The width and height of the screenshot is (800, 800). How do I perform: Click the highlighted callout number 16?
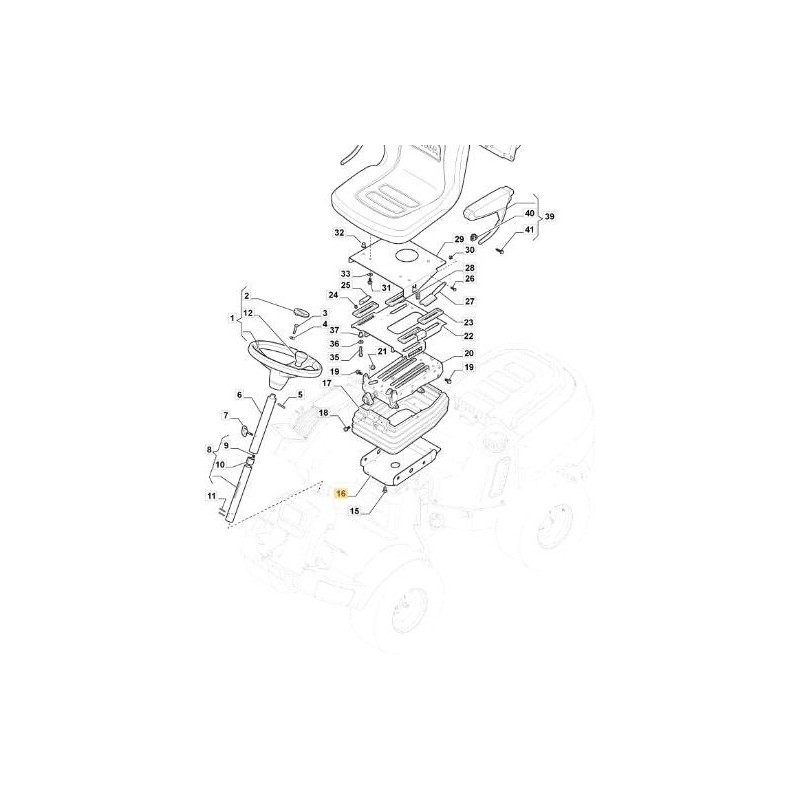pyautogui.click(x=341, y=493)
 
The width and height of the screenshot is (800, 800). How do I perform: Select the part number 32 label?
pyautogui.click(x=339, y=233)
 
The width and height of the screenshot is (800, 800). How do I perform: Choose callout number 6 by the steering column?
pyautogui.click(x=239, y=394)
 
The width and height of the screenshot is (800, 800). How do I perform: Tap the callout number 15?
pyautogui.click(x=354, y=511)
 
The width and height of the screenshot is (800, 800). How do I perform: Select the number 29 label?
pyautogui.click(x=459, y=239)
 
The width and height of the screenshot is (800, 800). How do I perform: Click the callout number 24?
pyautogui.click(x=333, y=295)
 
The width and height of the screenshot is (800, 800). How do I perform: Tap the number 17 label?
pyautogui.click(x=326, y=382)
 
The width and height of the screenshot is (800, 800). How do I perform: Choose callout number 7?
pyautogui.click(x=226, y=415)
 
